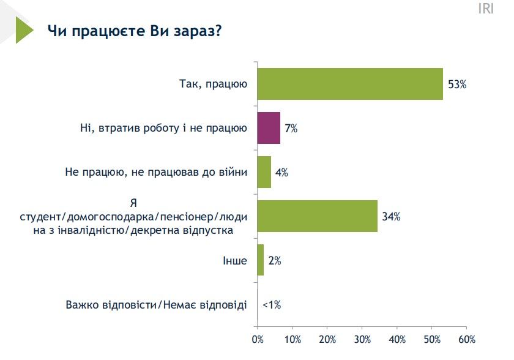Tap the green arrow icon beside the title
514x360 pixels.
[23, 29]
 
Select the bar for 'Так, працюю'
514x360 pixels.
[349, 84]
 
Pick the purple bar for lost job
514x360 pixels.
[269, 129]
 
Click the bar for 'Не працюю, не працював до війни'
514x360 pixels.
[264, 173]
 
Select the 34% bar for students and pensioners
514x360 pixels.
[317, 216]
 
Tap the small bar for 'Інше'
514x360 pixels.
[260, 260]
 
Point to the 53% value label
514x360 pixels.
[456, 84]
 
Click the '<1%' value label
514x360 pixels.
[271, 304]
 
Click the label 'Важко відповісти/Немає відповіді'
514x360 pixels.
[156, 304]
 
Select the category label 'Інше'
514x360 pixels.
[235, 260]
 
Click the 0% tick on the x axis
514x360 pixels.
[258, 339]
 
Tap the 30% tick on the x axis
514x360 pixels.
[362, 339]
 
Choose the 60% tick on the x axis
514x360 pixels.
[467, 339]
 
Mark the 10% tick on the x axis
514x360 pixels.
[292, 339]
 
